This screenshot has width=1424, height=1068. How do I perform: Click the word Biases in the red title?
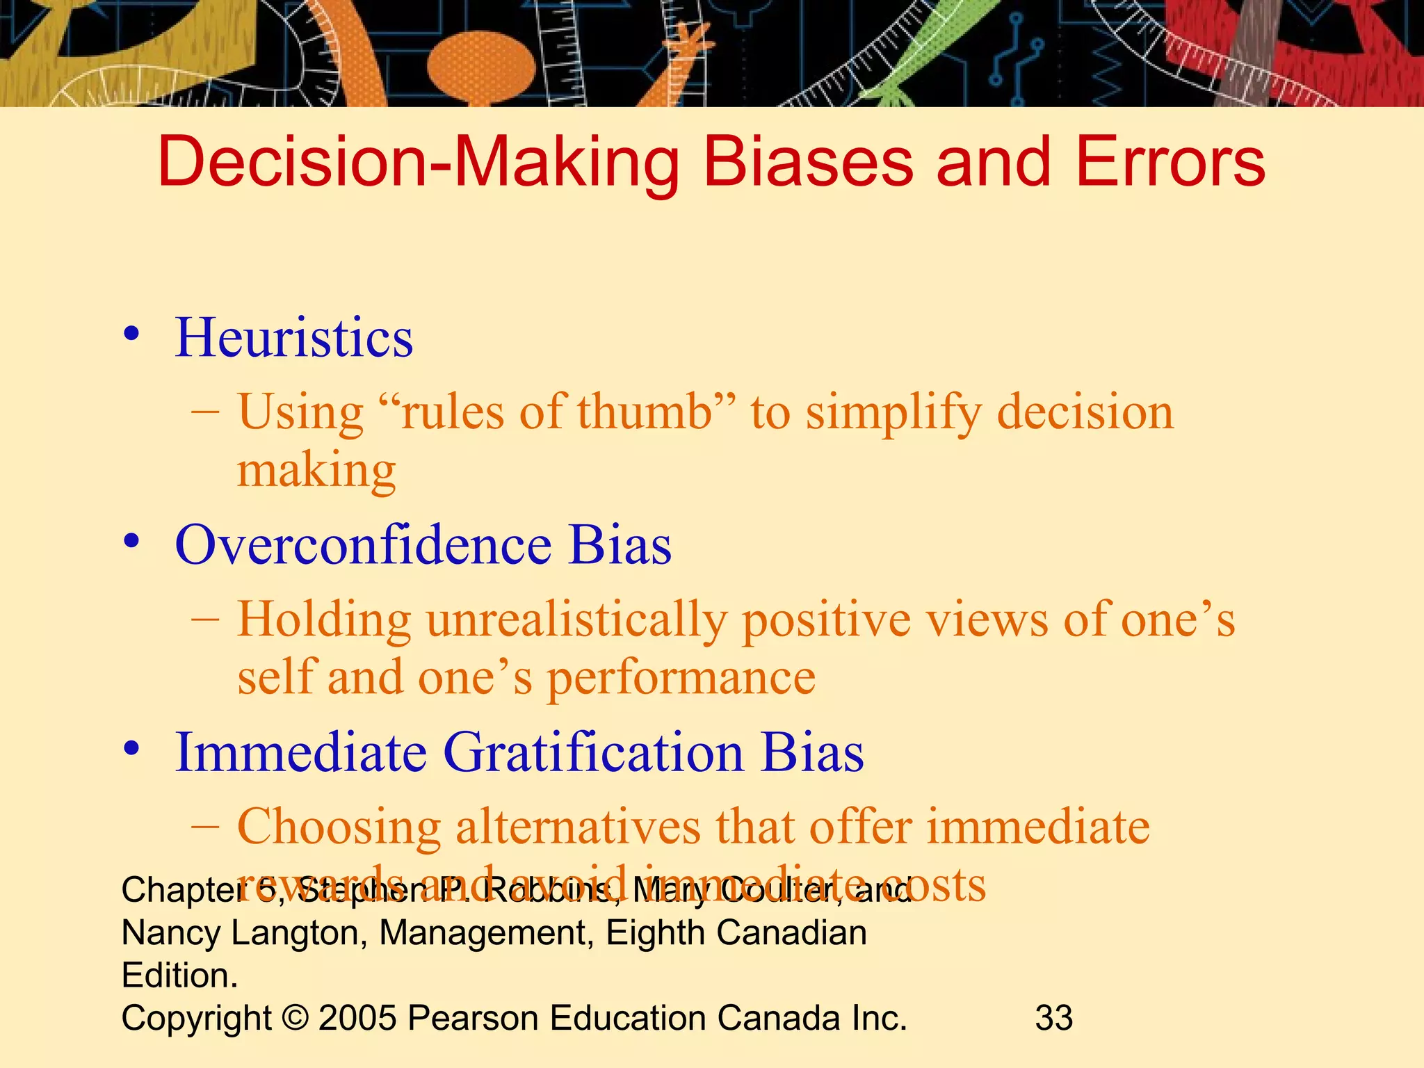pyautogui.click(x=807, y=161)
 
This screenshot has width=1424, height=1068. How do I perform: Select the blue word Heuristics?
pyautogui.click(x=293, y=338)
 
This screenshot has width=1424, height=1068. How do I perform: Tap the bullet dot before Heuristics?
pyautogui.click(x=131, y=334)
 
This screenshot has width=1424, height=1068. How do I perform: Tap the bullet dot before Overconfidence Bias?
pyautogui.click(x=131, y=542)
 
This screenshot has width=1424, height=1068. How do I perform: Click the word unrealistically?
pyautogui.click(x=576, y=620)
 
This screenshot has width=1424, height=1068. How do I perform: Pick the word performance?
pyautogui.click(x=681, y=679)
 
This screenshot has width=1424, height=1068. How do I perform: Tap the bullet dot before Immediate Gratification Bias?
pyautogui.click(x=131, y=750)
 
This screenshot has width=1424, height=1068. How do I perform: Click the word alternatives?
pyautogui.click(x=578, y=827)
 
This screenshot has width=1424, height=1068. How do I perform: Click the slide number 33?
pyautogui.click(x=1054, y=1018)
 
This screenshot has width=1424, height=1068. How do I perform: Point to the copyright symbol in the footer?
pyautogui.click(x=296, y=1018)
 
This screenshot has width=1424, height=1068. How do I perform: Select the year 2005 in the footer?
pyautogui.click(x=357, y=1018)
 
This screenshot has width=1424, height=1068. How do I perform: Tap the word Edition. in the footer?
pyautogui.click(x=179, y=976)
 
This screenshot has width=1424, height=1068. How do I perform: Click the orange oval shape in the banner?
pyautogui.click(x=481, y=66)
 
